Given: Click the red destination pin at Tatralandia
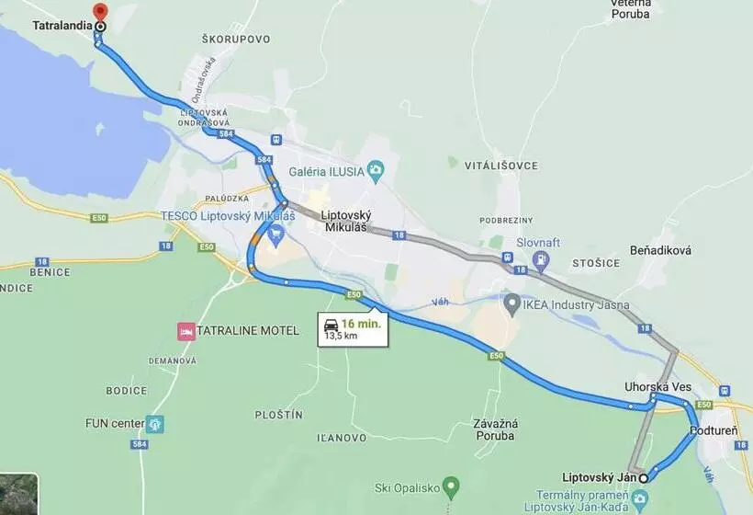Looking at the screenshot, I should coord(100,12).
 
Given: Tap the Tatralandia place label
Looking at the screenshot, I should coord(62,26).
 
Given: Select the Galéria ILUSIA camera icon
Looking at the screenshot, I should coord(375,169).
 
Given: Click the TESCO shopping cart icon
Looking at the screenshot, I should coord(275,232).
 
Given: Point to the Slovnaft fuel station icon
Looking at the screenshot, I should coord(541,259).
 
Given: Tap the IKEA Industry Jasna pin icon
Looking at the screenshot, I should coord(512,302).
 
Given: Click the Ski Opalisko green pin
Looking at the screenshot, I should coord(450,485).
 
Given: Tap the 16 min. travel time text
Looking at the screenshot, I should coord(362,324).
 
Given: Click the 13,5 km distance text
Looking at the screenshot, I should coord(340,337).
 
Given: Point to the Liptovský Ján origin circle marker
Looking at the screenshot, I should coord(644,478).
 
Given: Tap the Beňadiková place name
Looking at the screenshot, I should coord(660,250).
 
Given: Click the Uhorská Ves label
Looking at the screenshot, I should coord(657,387).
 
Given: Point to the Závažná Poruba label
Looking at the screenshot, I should coord(497,429).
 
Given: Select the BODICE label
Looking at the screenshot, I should coord(127,391).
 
